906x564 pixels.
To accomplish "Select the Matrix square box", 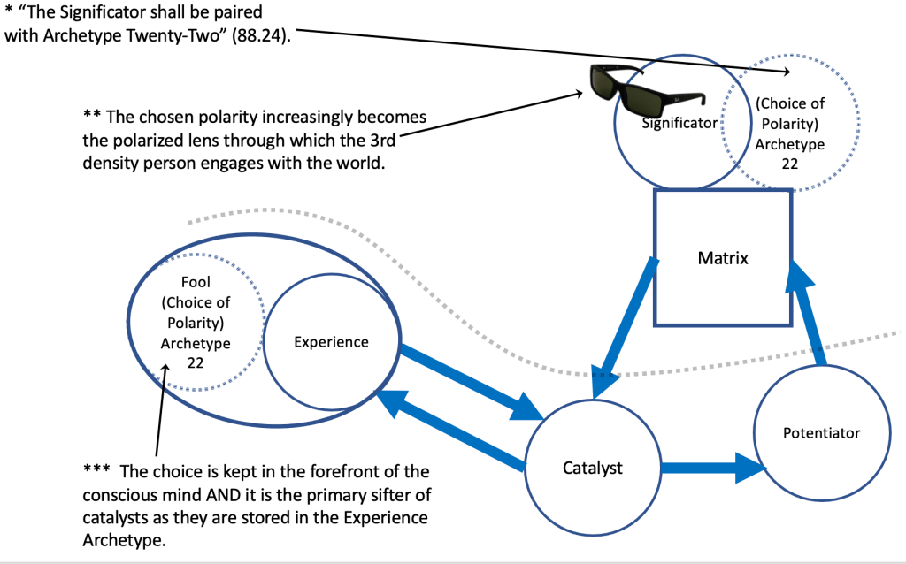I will pyautogui.click(x=722, y=259).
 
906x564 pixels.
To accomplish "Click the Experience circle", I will pyautogui.click(x=330, y=341).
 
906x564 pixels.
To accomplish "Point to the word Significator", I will pyautogui.click(x=679, y=123).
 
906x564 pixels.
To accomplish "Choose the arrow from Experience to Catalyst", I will pyautogui.click(x=469, y=380).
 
